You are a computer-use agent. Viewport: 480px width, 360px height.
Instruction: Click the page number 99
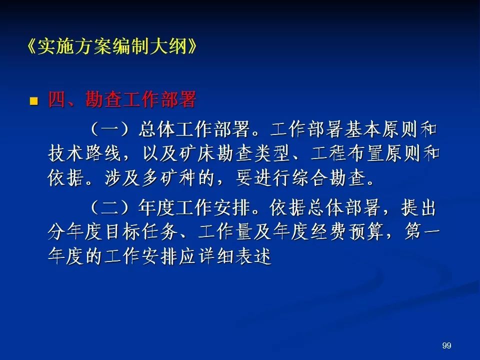[446, 345]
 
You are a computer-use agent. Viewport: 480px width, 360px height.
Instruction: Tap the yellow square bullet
[33, 101]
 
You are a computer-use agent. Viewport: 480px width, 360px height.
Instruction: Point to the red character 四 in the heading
[57, 99]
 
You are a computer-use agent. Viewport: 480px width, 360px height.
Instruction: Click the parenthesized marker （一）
[109, 129]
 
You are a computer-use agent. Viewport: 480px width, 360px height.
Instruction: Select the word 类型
[272, 153]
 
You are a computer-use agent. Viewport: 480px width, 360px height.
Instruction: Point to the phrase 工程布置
[347, 153]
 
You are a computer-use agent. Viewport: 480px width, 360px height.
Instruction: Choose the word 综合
[310, 178]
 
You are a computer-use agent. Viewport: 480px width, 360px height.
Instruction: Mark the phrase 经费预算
[347, 232]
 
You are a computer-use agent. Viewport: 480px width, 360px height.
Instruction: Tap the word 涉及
[122, 178]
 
